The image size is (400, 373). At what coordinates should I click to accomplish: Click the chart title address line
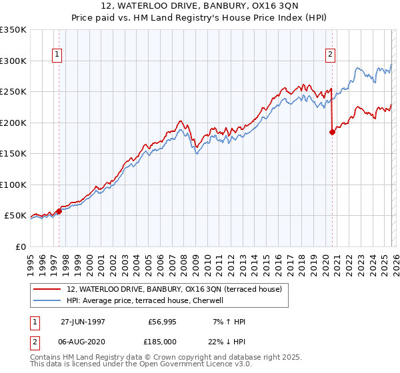tap(199, 7)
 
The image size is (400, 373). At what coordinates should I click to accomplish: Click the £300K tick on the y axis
tap(13, 61)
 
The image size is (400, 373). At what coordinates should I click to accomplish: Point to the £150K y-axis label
tap(13, 153)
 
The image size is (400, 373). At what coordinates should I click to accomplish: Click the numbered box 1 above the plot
tap(57, 55)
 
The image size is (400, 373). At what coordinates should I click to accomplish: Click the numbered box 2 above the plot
tap(330, 55)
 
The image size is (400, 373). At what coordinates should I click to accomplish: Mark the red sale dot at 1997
tap(59, 211)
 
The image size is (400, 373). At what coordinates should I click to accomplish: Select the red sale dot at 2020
tap(332, 132)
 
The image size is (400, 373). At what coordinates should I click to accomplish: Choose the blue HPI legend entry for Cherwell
tap(148, 300)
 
